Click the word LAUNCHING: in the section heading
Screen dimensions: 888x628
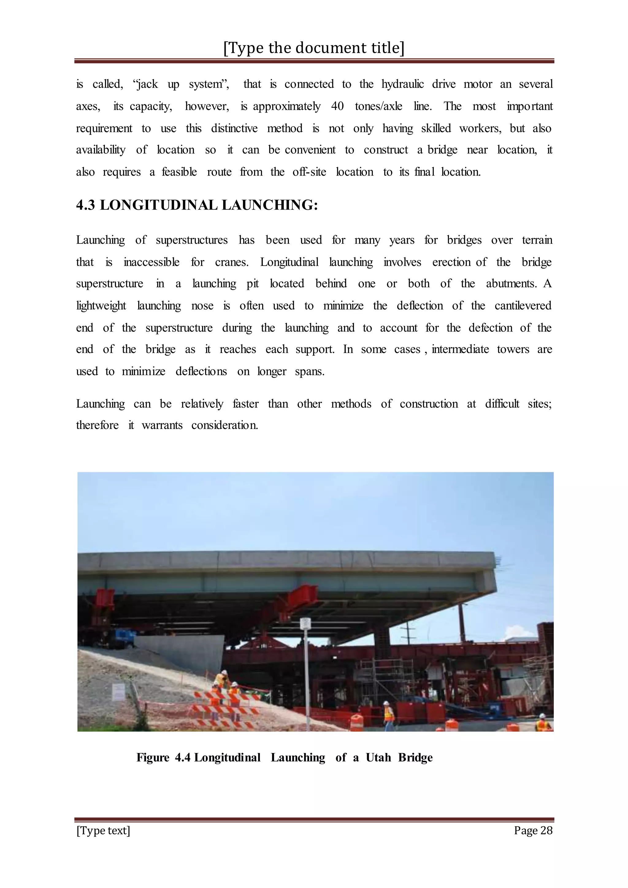tap(270, 205)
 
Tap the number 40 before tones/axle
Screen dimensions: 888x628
tap(337, 106)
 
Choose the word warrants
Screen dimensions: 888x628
tap(162, 425)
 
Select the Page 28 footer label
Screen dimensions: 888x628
tap(533, 830)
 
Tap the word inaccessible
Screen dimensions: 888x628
tap(151, 262)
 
